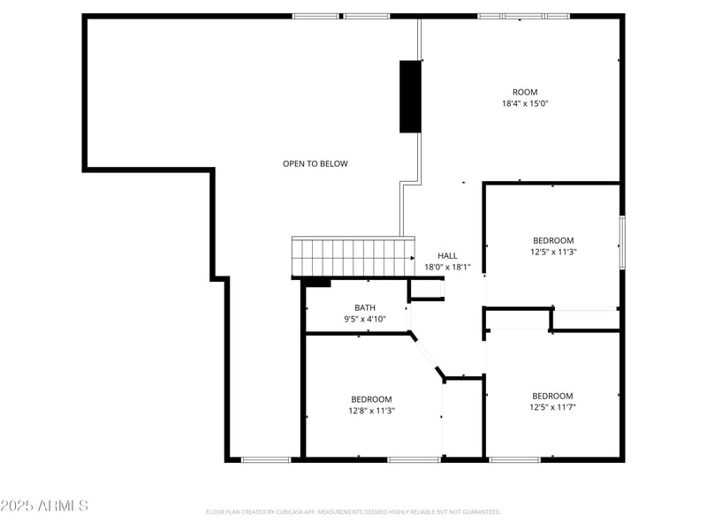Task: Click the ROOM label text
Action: (x=525, y=92)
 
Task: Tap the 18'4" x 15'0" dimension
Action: (x=525, y=103)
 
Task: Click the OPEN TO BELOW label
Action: (x=315, y=163)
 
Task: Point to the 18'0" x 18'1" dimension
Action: (x=447, y=267)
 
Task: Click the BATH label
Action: (x=365, y=307)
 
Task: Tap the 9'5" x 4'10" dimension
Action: (x=365, y=319)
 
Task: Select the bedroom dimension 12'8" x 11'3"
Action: (x=371, y=410)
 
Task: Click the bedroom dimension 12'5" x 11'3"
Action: (x=552, y=252)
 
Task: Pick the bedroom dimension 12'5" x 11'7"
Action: (x=552, y=407)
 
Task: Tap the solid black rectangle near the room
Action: (x=410, y=96)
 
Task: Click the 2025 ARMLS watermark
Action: (x=44, y=506)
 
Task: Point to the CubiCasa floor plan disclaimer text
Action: (x=353, y=511)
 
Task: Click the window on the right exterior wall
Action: (x=622, y=242)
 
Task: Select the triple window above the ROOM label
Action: (x=524, y=16)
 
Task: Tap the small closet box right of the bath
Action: (x=426, y=291)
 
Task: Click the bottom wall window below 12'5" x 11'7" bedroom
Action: (x=514, y=459)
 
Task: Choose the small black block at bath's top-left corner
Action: (x=316, y=283)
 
